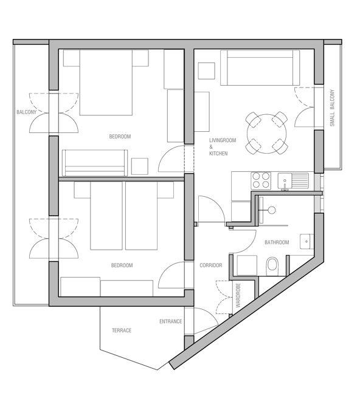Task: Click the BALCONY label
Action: tap(26, 112)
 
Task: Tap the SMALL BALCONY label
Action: tap(332, 108)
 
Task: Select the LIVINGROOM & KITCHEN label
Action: tap(223, 147)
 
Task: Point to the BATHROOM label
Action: tap(277, 242)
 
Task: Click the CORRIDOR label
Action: tap(211, 265)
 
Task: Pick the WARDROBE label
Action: tap(238, 295)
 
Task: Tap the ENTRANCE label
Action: tap(171, 321)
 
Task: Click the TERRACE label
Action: tap(122, 330)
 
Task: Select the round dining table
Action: tap(267, 134)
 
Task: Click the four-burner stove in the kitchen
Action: tap(261, 181)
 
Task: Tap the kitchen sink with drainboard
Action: tap(293, 181)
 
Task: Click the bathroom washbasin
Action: tap(306, 241)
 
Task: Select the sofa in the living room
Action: tap(260, 67)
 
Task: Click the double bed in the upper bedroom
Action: tap(106, 83)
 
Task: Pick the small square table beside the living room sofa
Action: tap(207, 71)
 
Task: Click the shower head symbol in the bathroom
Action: tap(271, 210)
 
